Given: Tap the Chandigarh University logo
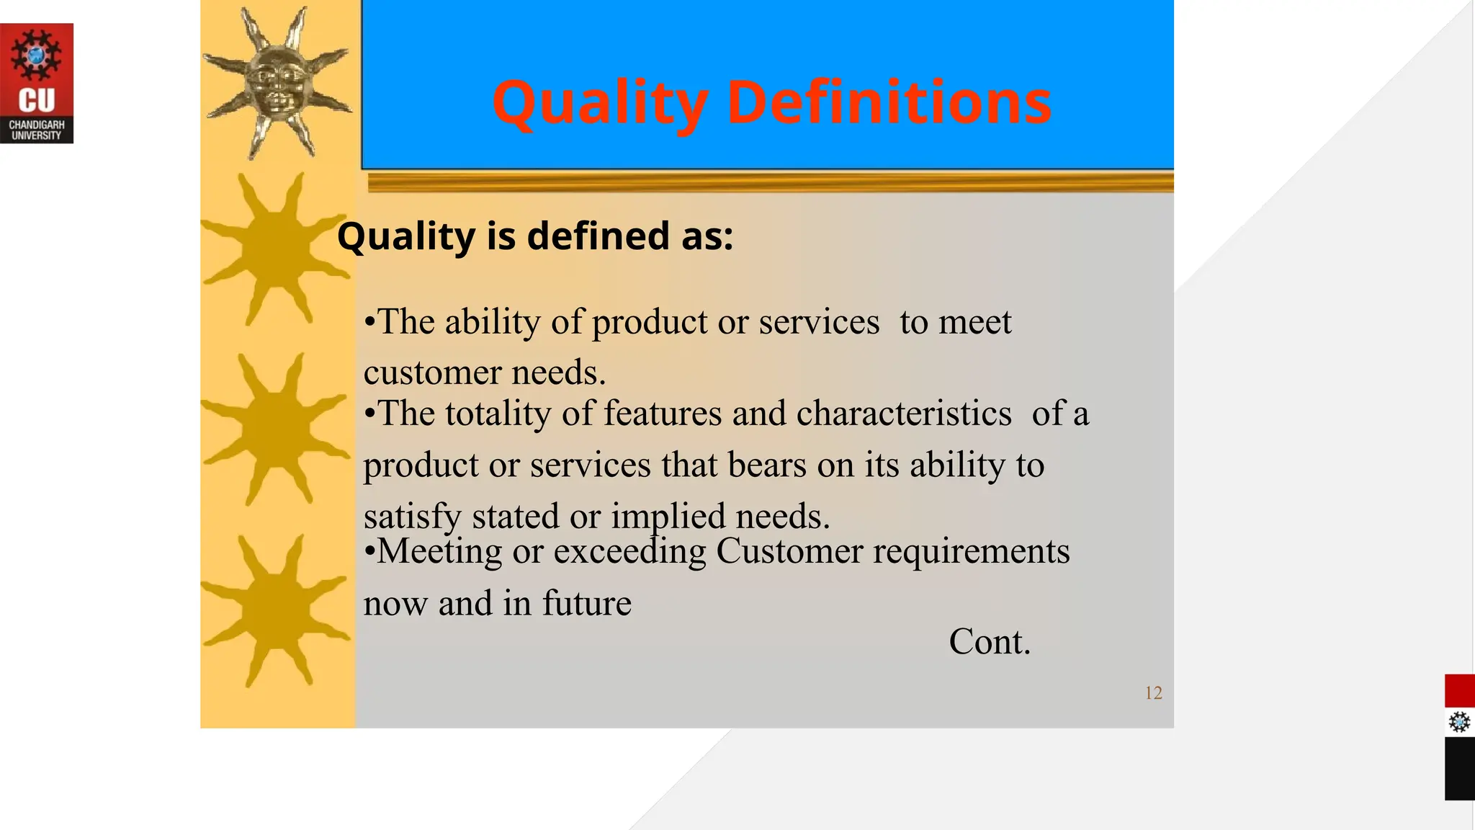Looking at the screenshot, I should pyautogui.click(x=37, y=84).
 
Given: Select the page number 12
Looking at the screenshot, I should pyautogui.click(x=1153, y=693).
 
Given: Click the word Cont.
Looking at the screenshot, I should pyautogui.click(x=990, y=641).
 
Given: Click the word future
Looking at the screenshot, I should pyautogui.click(x=586, y=603).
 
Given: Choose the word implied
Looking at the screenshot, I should pyautogui.click(x=668, y=517).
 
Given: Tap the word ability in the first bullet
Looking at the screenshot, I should pyautogui.click(x=492, y=321).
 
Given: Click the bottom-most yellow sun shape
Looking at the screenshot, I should pyautogui.click(x=276, y=610).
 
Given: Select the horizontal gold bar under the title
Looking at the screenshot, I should pyautogui.click(x=770, y=182).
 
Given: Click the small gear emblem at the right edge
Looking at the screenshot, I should pyautogui.click(x=1459, y=722).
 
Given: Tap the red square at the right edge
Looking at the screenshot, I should pyautogui.click(x=1459, y=691).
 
